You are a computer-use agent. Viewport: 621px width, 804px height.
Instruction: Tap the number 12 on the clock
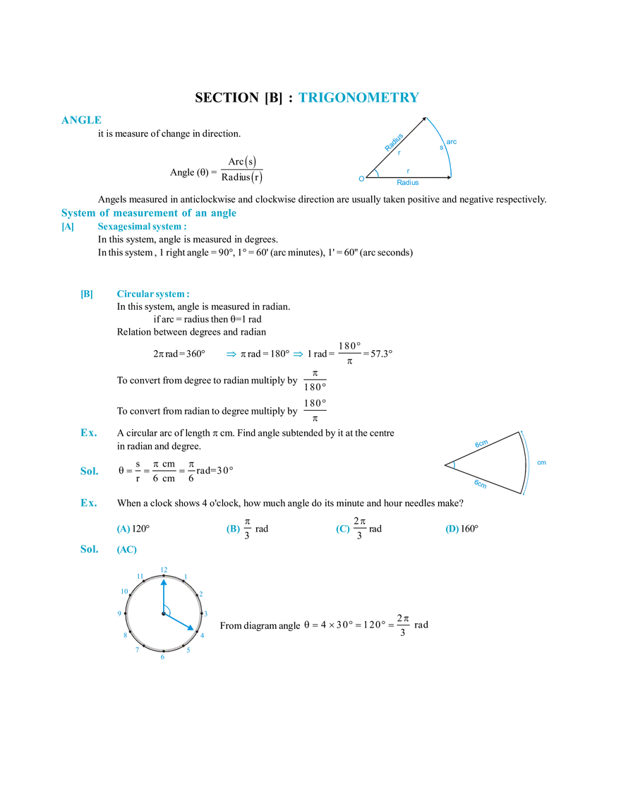tap(164, 568)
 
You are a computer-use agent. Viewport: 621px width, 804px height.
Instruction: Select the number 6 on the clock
tap(163, 658)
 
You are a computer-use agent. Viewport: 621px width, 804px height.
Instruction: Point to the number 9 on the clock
tap(118, 613)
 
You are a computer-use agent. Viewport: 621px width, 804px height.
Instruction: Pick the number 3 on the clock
tap(209, 613)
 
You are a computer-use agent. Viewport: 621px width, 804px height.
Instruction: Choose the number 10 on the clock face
tap(123, 592)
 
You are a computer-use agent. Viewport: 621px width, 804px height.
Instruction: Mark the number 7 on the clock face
tap(140, 652)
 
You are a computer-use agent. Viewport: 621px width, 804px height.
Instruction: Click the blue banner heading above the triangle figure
tap(358, 98)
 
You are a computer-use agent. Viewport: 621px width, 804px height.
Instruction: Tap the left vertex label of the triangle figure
tap(361, 179)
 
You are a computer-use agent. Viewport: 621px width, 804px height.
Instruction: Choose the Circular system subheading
tap(152, 294)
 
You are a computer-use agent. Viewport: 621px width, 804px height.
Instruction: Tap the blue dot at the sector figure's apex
tap(453, 464)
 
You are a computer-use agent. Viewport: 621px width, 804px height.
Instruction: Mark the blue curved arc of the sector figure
tap(526, 462)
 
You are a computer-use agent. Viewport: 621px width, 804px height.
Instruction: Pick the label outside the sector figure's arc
tap(540, 463)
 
